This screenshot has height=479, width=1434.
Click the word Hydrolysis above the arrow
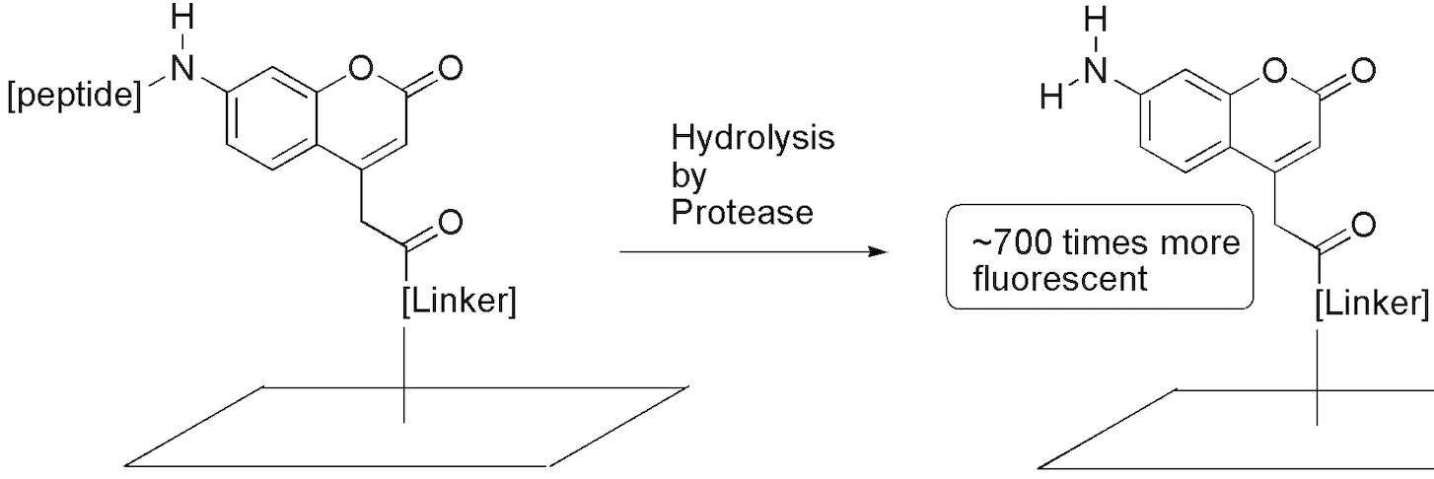[x=753, y=139]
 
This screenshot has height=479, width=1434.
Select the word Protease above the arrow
[x=743, y=212]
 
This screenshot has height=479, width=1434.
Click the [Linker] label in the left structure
[x=459, y=304]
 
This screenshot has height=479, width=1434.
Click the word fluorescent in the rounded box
[x=1061, y=279]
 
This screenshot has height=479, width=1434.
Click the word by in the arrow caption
[x=686, y=175]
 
